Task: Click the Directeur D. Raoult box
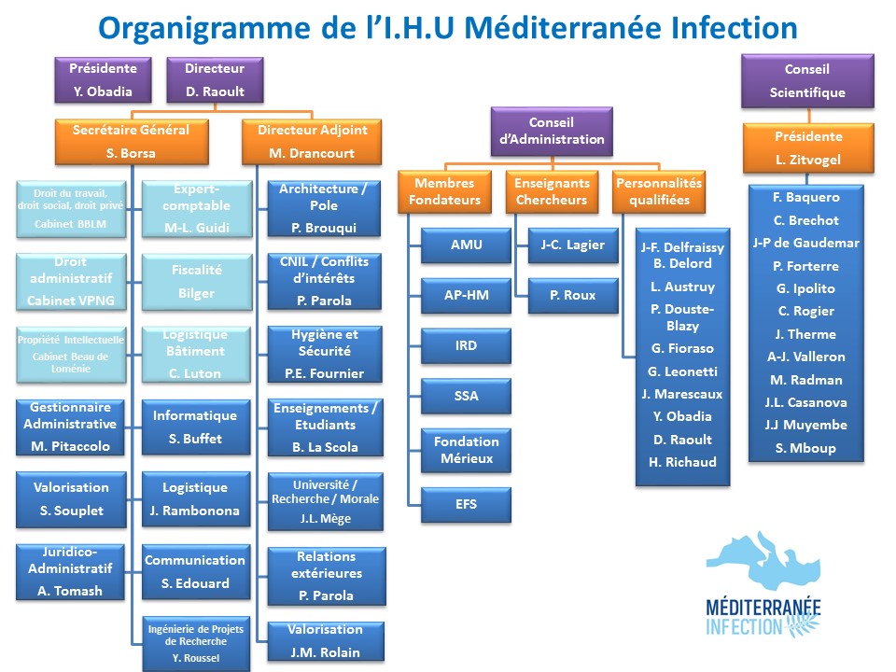coord(215,80)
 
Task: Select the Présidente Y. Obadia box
coord(105,80)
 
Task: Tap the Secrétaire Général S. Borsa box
coord(131,142)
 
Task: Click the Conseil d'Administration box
coord(552,131)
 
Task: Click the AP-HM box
coord(467,295)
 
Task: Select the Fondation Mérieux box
coord(467,450)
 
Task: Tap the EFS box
coord(467,504)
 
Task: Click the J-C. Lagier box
coord(572,245)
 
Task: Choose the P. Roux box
coord(572,295)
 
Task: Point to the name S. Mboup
coord(805,448)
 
